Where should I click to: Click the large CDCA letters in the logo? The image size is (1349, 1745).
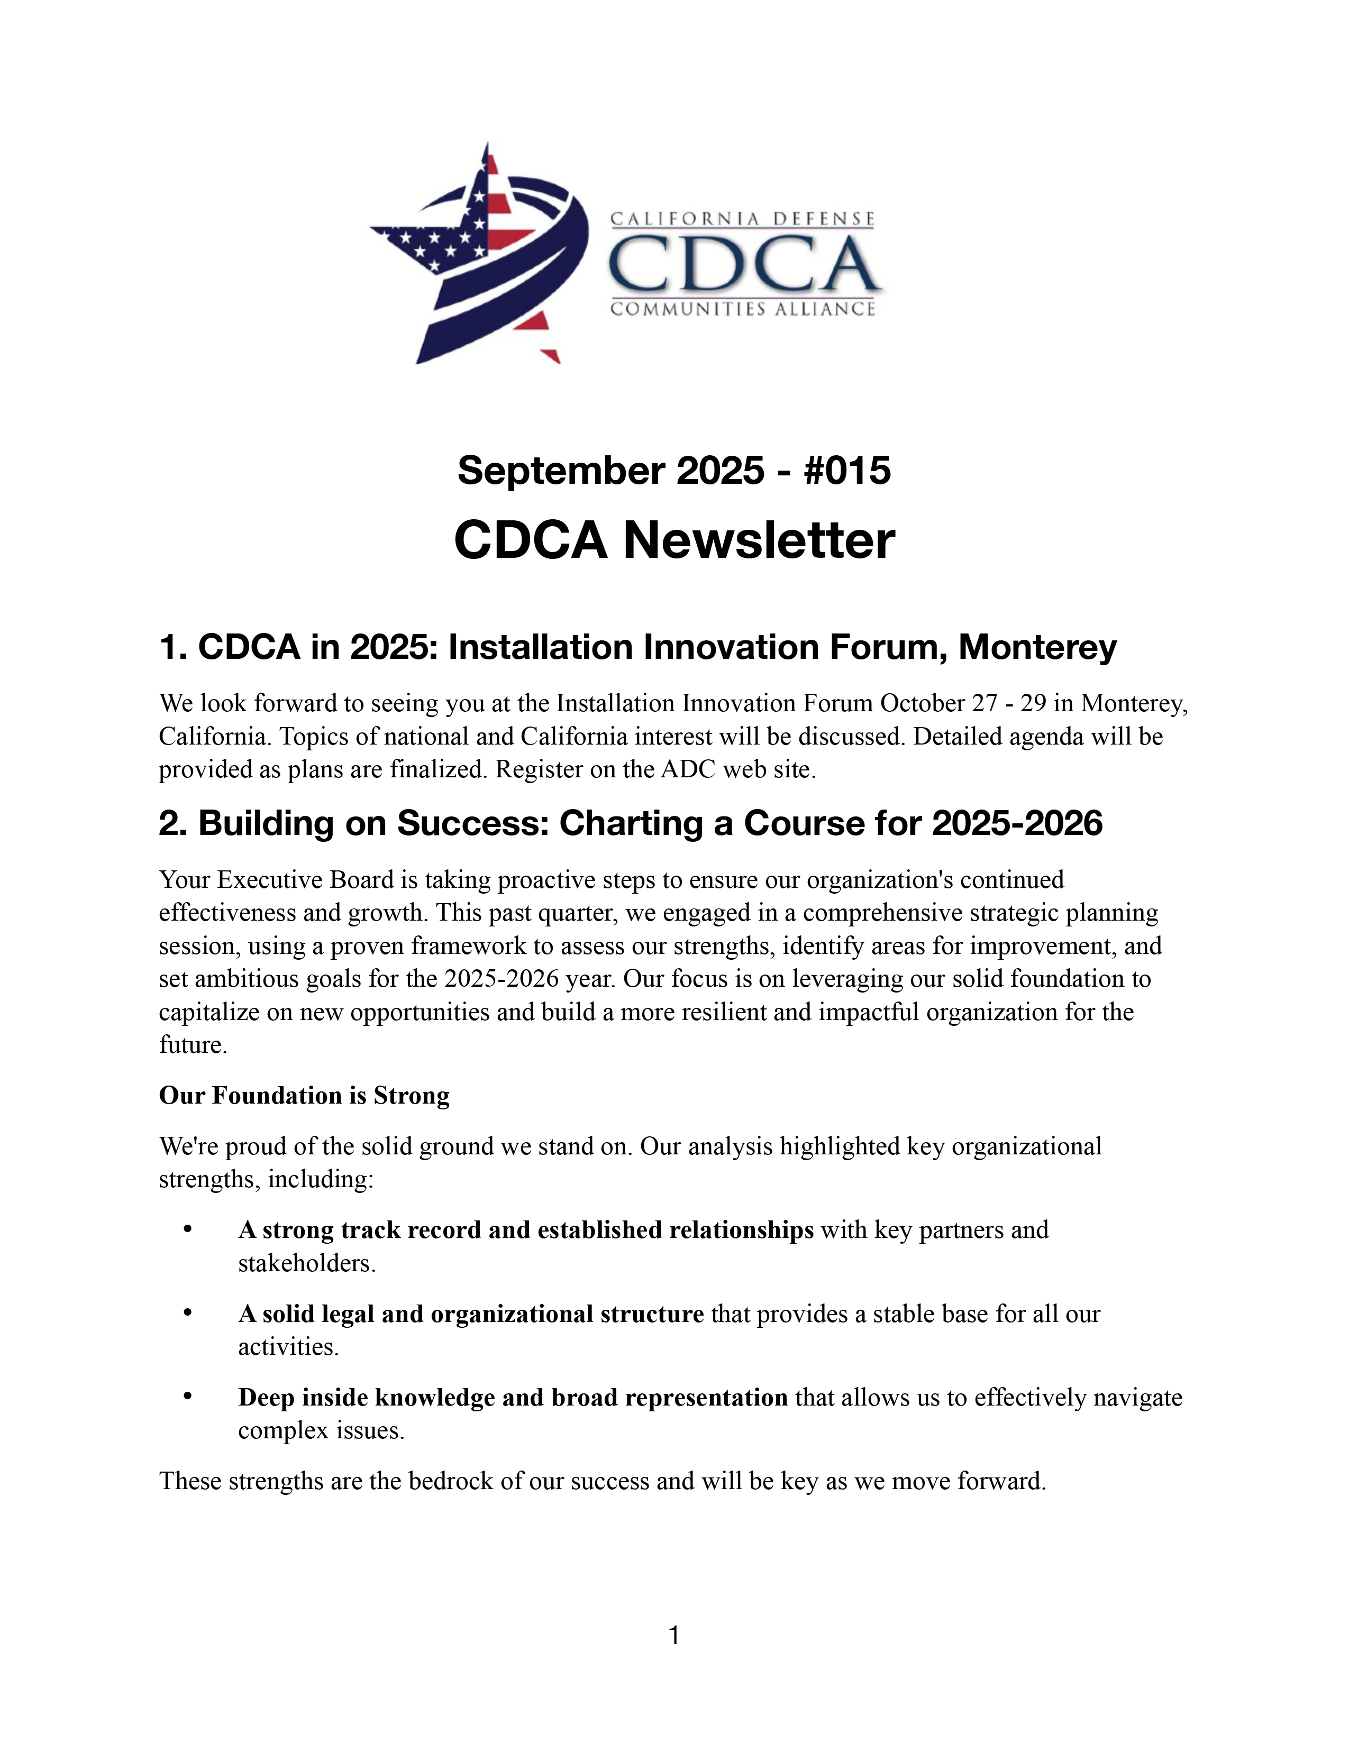[x=743, y=264]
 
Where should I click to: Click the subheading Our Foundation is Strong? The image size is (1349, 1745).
[x=304, y=1096]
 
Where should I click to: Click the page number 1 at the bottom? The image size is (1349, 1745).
[x=673, y=1636]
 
